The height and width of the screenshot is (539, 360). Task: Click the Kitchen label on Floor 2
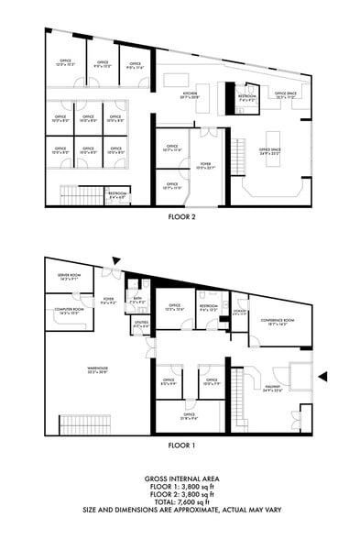(190, 95)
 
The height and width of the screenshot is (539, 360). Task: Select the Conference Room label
(278, 322)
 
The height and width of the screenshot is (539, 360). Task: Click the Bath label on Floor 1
(136, 299)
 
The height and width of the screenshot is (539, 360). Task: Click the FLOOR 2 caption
(180, 218)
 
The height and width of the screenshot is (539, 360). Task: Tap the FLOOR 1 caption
(180, 445)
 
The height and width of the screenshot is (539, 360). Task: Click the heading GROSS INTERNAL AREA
(180, 479)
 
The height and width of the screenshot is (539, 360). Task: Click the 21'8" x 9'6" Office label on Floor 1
(188, 414)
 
